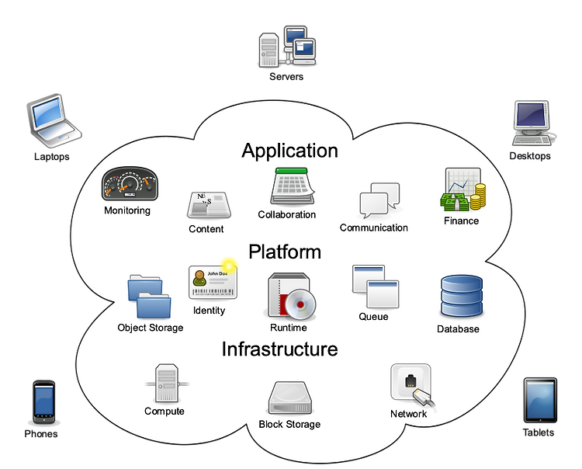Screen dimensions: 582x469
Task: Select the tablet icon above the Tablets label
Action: (x=540, y=401)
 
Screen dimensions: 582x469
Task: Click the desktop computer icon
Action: (x=532, y=123)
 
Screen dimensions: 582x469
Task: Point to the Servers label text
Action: (x=286, y=77)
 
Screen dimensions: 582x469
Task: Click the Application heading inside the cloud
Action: (x=290, y=151)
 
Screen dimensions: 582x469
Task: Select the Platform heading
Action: (x=285, y=252)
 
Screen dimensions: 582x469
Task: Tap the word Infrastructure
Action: (x=280, y=349)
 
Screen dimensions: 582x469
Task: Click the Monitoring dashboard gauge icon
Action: (x=130, y=184)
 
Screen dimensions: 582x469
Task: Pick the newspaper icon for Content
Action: (x=209, y=205)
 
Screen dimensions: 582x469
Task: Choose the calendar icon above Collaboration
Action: (x=293, y=186)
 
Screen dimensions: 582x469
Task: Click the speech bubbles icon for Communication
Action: (x=379, y=200)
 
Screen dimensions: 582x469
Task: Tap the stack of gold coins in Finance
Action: (x=478, y=196)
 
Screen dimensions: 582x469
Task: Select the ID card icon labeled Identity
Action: (x=213, y=281)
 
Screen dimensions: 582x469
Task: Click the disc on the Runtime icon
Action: (x=300, y=304)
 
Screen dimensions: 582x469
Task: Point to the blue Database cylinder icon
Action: (x=462, y=296)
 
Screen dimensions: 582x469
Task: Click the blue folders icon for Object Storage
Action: (x=149, y=297)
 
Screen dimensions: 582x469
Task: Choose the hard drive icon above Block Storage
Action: (x=290, y=398)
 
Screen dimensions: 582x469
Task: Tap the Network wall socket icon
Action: (x=412, y=385)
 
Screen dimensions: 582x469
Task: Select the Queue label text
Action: (x=373, y=317)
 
